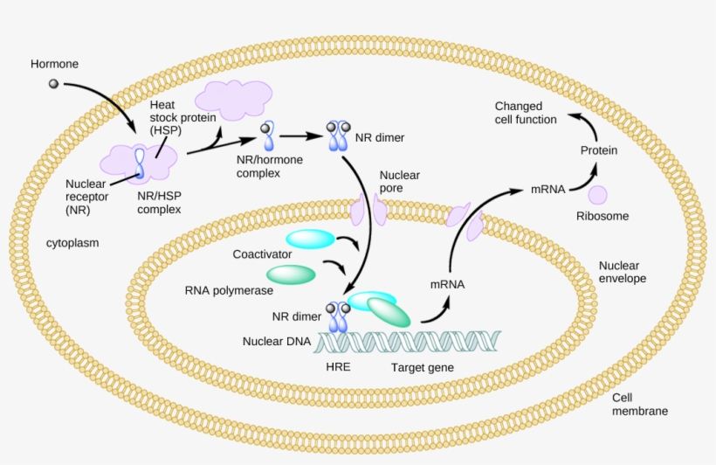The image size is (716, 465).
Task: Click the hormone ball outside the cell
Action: tap(53, 83)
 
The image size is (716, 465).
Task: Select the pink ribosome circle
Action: tap(597, 196)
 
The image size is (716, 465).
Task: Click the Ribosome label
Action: tap(602, 215)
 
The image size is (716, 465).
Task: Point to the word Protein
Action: tap(599, 150)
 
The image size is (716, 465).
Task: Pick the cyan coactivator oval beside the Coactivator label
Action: tap(310, 239)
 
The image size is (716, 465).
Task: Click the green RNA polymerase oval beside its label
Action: tap(291, 274)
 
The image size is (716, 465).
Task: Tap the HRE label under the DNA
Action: tap(337, 367)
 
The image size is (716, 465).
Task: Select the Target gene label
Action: tap(422, 367)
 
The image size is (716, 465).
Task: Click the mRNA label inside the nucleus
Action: tap(447, 285)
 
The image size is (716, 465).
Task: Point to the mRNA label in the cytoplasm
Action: tap(547, 189)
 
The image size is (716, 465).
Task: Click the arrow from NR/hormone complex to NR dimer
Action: tap(299, 136)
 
